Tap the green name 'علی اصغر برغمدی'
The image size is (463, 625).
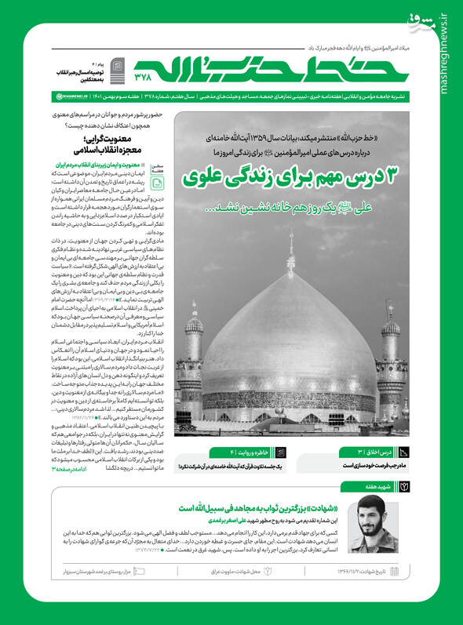point(239,520)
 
